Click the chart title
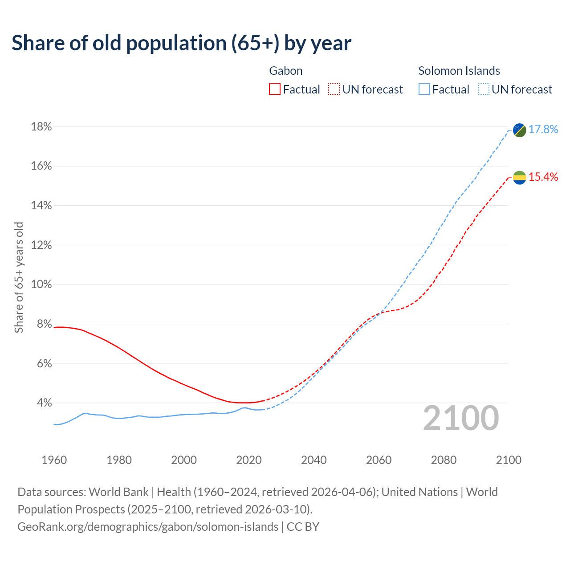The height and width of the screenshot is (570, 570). click(181, 43)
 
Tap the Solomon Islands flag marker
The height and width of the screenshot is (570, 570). click(519, 130)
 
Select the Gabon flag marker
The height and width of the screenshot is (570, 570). click(519, 178)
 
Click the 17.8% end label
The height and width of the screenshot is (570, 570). click(543, 129)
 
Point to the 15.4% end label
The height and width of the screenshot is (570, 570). click(543, 177)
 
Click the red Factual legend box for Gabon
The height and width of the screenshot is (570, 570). click(275, 90)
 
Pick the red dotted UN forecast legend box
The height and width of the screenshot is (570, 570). click(334, 90)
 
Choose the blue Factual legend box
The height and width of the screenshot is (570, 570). click(424, 90)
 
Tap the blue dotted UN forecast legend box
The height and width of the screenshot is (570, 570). click(483, 90)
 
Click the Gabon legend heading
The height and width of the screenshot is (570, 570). click(286, 71)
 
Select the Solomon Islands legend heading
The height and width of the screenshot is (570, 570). click(459, 71)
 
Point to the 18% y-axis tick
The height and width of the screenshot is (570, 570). click(41, 127)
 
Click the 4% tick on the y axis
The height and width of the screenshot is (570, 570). click(45, 403)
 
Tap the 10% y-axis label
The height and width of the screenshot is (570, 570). click(41, 284)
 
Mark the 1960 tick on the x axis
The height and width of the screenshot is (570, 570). click(54, 460)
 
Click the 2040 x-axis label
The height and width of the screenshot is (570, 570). click(314, 460)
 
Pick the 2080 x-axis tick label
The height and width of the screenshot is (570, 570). click(444, 460)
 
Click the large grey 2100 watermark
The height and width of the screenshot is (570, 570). click(461, 418)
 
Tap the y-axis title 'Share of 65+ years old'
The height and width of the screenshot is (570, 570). click(19, 277)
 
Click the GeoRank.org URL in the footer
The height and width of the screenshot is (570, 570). click(148, 527)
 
